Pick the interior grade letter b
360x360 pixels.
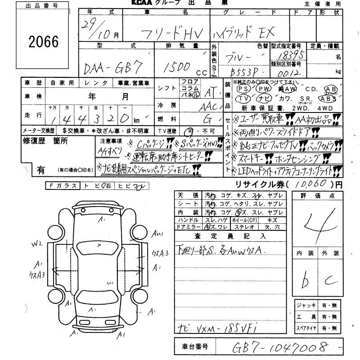point(306,281)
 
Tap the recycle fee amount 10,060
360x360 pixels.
point(311,184)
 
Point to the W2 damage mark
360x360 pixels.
point(37,244)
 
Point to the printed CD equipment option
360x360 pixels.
point(314,89)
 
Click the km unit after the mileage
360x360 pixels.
point(136,120)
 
